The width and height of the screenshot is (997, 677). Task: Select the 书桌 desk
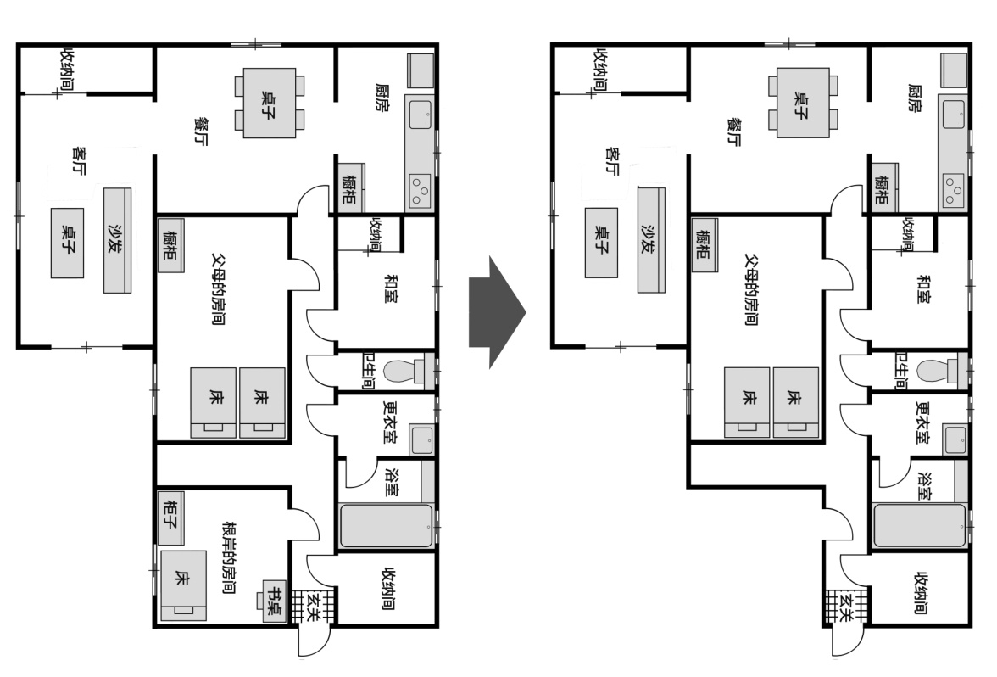point(275,601)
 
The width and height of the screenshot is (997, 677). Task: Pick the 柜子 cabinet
point(170,518)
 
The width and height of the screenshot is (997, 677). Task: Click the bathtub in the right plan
point(920,526)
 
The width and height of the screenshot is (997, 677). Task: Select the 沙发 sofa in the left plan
point(118,240)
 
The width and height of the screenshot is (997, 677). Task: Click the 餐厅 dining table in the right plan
point(802,103)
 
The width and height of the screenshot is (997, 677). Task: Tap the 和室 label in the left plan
point(391,288)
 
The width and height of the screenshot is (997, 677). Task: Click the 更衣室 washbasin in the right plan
point(955,439)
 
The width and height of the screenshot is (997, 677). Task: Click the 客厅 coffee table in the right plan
point(601,243)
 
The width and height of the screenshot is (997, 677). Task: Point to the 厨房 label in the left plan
point(382,98)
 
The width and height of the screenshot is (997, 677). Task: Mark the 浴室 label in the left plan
point(393,483)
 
